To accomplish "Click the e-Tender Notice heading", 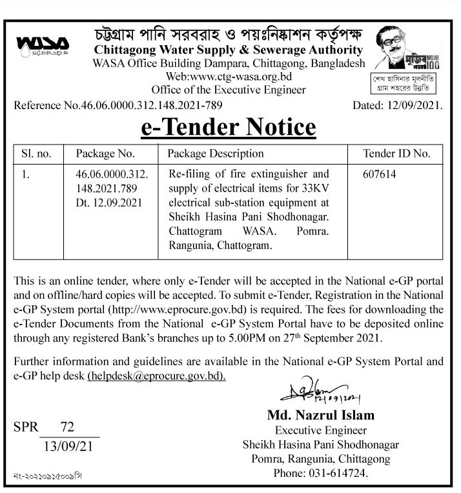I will (x=229, y=127).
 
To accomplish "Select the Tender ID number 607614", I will (x=381, y=174).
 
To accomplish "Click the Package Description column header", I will (x=215, y=154).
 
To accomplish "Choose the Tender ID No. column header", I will (x=397, y=154).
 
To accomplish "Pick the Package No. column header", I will (x=105, y=154).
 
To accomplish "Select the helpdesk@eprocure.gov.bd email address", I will (x=157, y=375).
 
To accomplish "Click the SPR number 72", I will (x=67, y=427).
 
